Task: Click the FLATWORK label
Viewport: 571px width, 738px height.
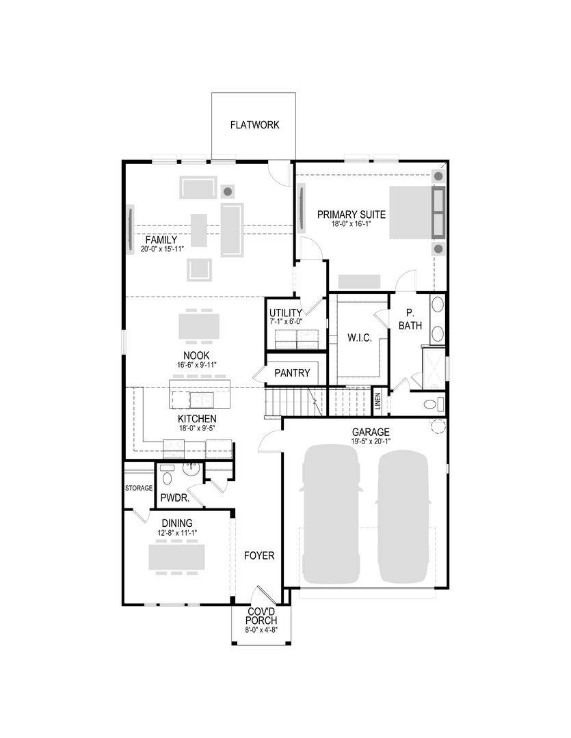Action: point(254,125)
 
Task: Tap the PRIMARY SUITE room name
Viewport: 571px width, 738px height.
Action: point(351,215)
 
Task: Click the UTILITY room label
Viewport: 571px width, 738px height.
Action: point(285,312)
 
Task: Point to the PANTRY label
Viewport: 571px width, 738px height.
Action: point(292,373)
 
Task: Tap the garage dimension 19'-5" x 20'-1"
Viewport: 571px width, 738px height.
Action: point(371,441)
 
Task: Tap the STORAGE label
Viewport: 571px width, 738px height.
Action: point(139,488)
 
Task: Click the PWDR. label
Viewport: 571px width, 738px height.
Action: point(174,498)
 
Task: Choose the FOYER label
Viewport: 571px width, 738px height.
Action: point(259,556)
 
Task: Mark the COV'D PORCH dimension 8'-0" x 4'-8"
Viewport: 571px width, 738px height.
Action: point(261,630)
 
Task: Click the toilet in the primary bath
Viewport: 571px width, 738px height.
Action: point(432,405)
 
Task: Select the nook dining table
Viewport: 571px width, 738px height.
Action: point(199,326)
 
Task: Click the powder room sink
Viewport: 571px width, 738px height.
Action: point(190,469)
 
